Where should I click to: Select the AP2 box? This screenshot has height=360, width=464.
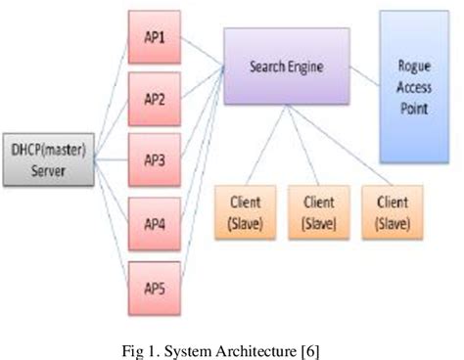tap(154, 101)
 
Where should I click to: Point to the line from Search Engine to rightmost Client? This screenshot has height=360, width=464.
tap(343, 147)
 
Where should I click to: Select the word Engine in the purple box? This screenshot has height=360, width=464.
tap(303, 67)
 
